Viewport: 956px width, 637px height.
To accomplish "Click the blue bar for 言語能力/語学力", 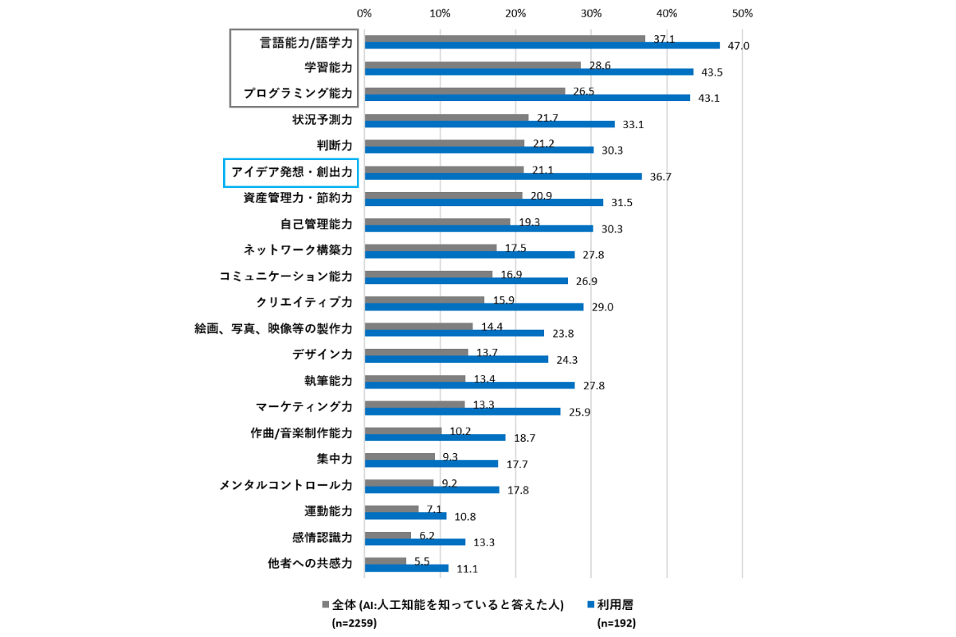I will tap(542, 45).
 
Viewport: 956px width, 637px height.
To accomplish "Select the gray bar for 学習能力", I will tap(472, 64).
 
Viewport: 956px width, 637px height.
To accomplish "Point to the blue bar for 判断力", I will tap(479, 150).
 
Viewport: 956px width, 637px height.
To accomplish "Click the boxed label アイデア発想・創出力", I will tap(291, 171).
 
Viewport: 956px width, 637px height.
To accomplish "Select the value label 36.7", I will tap(661, 177).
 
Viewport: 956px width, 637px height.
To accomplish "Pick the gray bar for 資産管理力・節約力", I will tap(443, 195).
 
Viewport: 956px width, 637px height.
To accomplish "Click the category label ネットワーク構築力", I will tap(297, 250).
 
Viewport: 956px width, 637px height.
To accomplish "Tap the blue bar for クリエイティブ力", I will tap(473, 307).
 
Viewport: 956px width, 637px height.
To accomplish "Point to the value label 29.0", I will tap(602, 307).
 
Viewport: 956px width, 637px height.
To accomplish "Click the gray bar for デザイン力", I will tap(416, 352).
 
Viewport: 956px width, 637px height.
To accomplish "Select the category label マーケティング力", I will tap(304, 407).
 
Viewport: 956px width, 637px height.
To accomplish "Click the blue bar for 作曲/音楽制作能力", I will tap(435, 437).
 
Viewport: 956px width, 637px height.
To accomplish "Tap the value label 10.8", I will tap(465, 516).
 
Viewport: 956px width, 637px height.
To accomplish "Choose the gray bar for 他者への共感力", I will tap(385, 561).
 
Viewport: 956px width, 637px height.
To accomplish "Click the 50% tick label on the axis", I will tap(742, 14).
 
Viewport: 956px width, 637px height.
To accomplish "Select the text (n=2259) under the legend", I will tap(354, 623).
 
